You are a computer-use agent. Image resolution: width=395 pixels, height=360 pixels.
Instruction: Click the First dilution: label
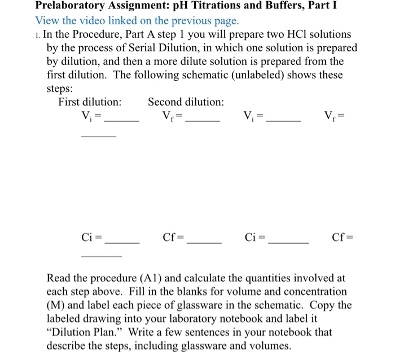point(90,102)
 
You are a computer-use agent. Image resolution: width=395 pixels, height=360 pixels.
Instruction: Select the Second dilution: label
point(186,102)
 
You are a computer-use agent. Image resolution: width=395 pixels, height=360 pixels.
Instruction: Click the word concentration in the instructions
point(315,292)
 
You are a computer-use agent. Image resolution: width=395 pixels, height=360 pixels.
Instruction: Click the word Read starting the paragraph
point(59,278)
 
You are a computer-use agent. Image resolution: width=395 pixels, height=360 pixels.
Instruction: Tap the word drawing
point(100,319)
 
